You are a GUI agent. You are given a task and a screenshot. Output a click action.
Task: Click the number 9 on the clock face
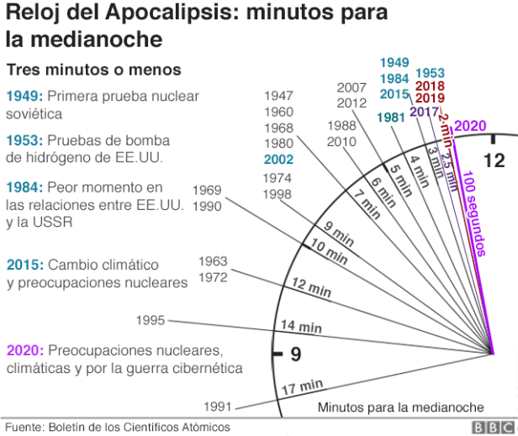click(295, 355)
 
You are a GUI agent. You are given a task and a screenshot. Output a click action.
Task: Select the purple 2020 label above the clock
click(470, 126)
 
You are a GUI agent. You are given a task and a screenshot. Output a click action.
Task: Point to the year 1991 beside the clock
click(218, 407)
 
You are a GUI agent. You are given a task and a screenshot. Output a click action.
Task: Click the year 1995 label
click(151, 320)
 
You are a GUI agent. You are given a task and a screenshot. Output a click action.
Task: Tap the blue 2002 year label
click(278, 159)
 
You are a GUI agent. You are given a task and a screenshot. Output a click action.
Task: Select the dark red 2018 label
click(430, 86)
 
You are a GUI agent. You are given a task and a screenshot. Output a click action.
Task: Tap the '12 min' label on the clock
click(310, 287)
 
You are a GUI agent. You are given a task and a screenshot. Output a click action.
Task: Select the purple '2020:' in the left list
click(24, 349)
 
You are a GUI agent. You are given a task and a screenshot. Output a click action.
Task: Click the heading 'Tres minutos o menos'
click(94, 69)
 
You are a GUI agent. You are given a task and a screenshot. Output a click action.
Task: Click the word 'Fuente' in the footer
click(23, 427)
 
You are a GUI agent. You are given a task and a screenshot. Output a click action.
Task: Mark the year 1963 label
click(214, 260)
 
